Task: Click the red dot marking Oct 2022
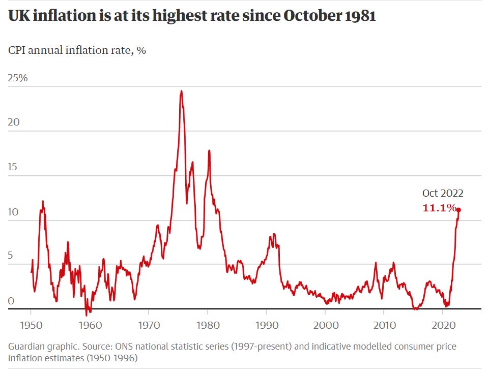click(x=458, y=210)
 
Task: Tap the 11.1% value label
click(x=439, y=208)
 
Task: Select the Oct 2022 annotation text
click(x=443, y=193)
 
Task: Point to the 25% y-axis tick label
click(x=18, y=78)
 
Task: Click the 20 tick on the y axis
click(x=14, y=123)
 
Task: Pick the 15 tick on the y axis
click(x=13, y=168)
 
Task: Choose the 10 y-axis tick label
click(x=13, y=212)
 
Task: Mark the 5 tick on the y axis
click(x=11, y=257)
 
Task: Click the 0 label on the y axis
click(x=11, y=301)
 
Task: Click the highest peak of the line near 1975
click(x=182, y=91)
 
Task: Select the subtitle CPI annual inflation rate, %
click(x=77, y=51)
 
